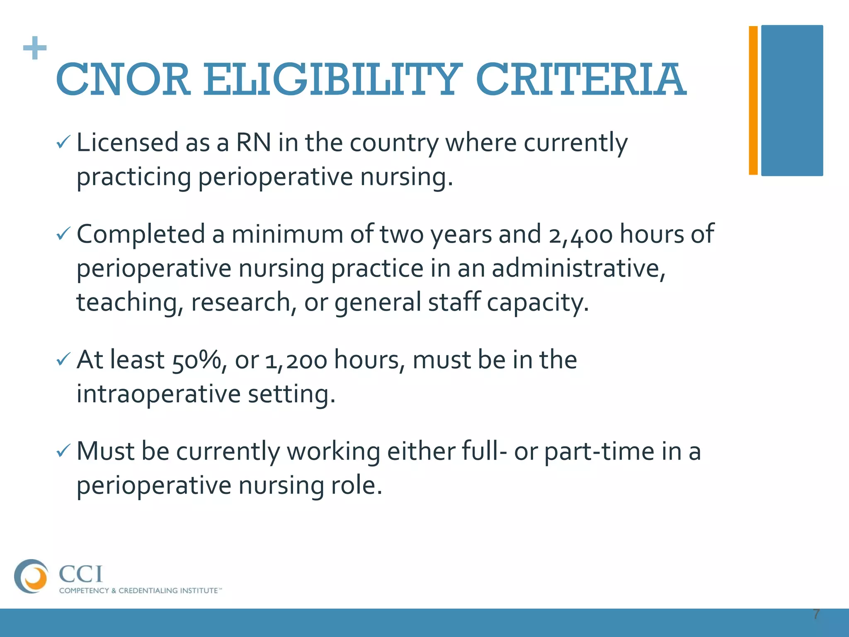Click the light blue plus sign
point(35,48)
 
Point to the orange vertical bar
point(753,100)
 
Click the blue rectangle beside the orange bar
point(792,100)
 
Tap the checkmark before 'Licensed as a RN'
point(63,143)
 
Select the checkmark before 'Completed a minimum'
point(63,235)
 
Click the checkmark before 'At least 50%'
point(63,360)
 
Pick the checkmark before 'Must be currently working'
point(63,451)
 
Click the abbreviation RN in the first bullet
point(253,143)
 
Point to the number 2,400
point(580,235)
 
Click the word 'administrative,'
point(578,268)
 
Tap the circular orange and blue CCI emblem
point(31,576)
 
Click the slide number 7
point(816,614)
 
